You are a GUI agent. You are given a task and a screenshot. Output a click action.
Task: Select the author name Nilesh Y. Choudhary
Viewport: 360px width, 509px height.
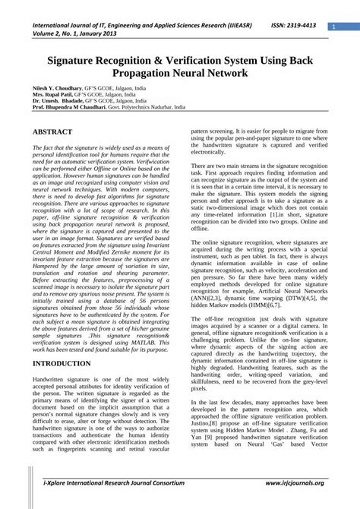tap(60, 88)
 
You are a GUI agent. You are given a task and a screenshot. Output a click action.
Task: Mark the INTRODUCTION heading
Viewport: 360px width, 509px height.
tap(62, 364)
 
